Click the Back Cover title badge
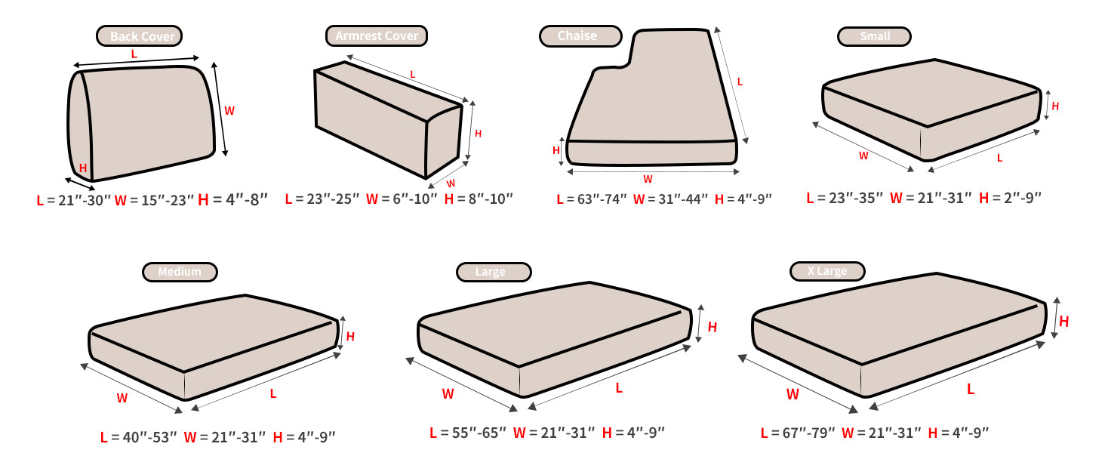click(139, 36)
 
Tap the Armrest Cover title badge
click(377, 36)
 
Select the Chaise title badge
click(580, 36)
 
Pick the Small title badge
click(874, 36)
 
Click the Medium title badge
click(180, 272)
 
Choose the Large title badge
click(494, 272)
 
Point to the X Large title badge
click(827, 271)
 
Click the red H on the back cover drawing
click(83, 168)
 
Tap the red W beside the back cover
click(229, 111)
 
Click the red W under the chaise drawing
click(648, 180)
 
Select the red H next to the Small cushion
click(1055, 106)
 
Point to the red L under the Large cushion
click(619, 388)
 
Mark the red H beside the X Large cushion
click(1064, 322)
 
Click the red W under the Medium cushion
click(122, 398)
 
